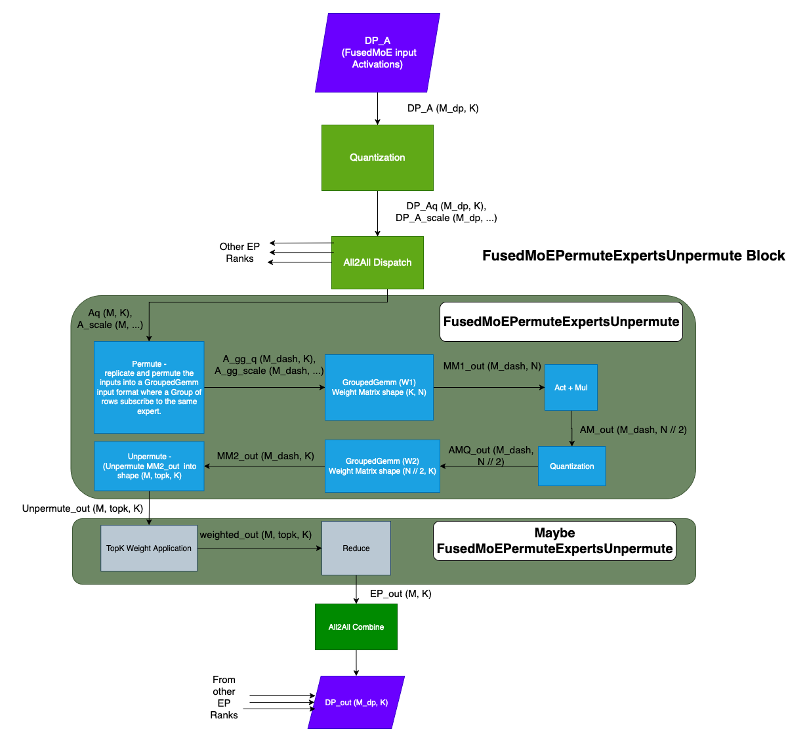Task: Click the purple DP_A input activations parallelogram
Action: [377, 52]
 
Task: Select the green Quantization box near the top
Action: [377, 157]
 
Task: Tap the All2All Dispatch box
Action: [377, 262]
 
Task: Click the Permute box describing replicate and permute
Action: [149, 387]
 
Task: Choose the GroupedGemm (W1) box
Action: [379, 387]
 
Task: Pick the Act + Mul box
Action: [571, 387]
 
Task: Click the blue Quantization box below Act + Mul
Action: [571, 466]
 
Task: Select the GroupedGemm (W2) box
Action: [383, 466]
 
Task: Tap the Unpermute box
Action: [149, 466]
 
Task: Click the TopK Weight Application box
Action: [149, 548]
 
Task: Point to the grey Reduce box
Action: [356, 548]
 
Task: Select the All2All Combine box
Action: [356, 627]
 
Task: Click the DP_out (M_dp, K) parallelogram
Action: [356, 702]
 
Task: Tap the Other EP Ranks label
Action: [239, 253]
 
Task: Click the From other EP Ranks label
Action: [224, 697]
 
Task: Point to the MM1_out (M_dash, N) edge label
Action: [492, 366]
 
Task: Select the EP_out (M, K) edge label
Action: [400, 594]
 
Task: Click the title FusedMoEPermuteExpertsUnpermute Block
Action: [633, 256]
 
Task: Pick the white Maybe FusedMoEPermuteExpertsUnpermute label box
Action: [554, 541]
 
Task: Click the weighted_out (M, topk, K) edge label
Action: [255, 535]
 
